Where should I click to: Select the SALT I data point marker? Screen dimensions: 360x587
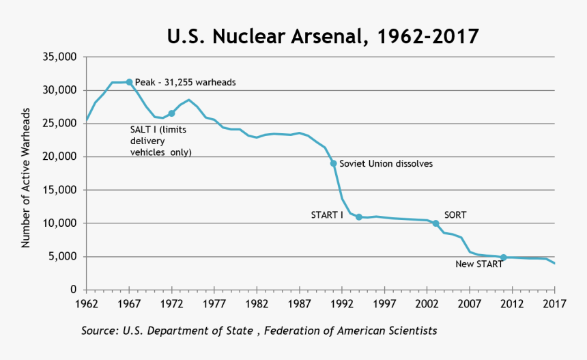[171, 113]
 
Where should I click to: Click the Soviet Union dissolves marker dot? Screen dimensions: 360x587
[333, 163]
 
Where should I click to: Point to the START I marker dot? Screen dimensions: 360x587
[358, 217]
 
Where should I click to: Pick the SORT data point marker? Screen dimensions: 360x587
[435, 223]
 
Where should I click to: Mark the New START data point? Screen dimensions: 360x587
[503, 258]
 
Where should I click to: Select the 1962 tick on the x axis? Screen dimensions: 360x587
[87, 303]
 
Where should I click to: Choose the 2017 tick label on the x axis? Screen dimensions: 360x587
[554, 303]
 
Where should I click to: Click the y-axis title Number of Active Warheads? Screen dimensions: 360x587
[26, 174]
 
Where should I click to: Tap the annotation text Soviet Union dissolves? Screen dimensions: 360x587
[386, 164]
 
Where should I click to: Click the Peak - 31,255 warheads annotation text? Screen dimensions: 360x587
[185, 82]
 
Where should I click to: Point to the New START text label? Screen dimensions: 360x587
[474, 264]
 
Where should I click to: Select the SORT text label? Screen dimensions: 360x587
[455, 214]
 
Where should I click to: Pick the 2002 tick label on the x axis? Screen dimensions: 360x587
[427, 303]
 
